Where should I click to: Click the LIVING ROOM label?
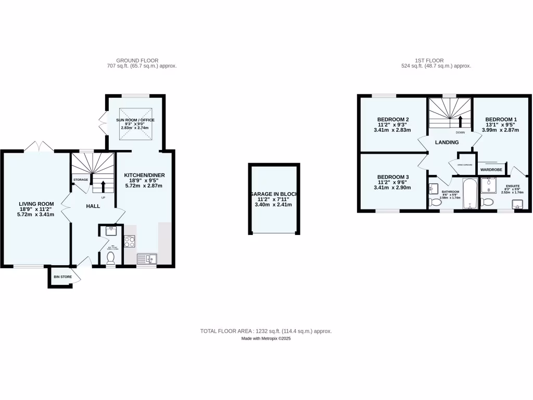click(x=36, y=204)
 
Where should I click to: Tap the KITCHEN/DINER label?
click(x=144, y=175)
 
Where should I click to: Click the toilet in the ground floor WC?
click(x=110, y=257)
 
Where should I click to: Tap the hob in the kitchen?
click(x=130, y=242)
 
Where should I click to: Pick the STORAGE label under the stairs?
click(x=81, y=180)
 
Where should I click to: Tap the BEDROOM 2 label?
click(x=392, y=119)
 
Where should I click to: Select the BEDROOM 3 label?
click(x=392, y=177)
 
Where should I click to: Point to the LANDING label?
click(x=447, y=142)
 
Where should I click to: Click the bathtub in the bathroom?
click(x=470, y=194)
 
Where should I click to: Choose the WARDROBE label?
click(x=491, y=170)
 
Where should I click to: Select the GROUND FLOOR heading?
click(x=137, y=60)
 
